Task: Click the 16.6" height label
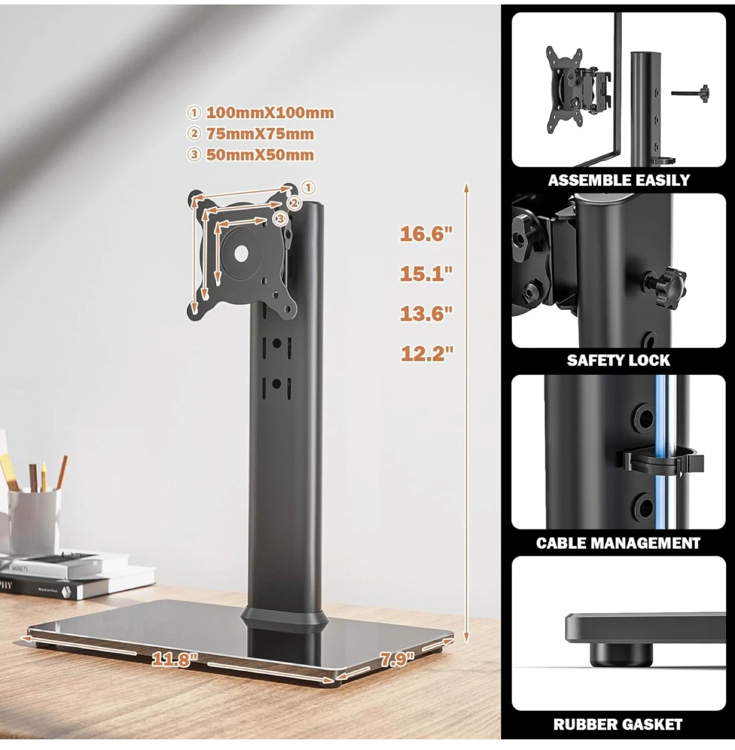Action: tap(427, 234)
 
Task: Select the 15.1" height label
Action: tap(427, 274)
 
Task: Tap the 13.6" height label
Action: tap(427, 314)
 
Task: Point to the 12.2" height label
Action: tap(427, 354)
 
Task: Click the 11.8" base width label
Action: tap(175, 659)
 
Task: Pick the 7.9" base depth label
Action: tap(397, 659)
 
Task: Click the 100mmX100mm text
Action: tap(270, 113)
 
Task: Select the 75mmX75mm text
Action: tap(259, 134)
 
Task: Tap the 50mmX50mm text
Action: tap(259, 155)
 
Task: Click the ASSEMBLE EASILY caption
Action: tap(619, 180)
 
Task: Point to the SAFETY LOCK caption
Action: tap(618, 360)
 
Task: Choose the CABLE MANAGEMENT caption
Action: tap(618, 543)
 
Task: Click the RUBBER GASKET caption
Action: tap(618, 724)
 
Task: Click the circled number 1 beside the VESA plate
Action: tap(308, 187)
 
